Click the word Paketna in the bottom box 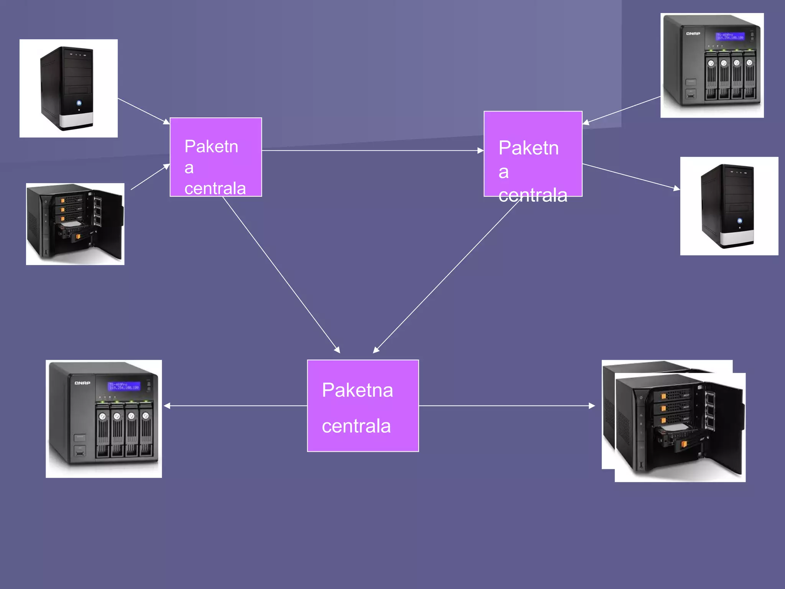point(357,390)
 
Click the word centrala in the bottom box point(356,426)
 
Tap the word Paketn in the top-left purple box point(211,146)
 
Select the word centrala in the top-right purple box point(533,195)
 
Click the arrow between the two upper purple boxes point(372,150)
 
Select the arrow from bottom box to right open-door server point(506,405)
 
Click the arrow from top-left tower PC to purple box point(144,111)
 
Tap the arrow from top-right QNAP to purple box point(621,110)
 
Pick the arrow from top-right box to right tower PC point(631,176)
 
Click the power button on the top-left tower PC point(79,103)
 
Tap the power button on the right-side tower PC point(740,221)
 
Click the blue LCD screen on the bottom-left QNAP point(124,386)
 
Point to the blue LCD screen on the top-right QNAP point(730,36)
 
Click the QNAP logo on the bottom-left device point(82,383)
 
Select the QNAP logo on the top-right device point(693,34)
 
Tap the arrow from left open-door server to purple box point(150,176)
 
